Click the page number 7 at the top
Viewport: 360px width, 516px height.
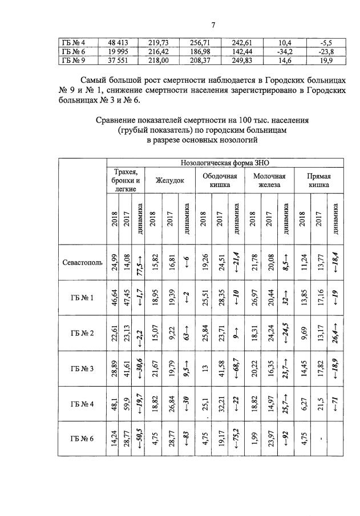click(x=213, y=25)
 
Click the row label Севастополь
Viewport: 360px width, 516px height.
click(x=82, y=263)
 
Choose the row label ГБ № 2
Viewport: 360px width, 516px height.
click(x=82, y=333)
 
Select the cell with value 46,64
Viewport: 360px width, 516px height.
click(x=114, y=298)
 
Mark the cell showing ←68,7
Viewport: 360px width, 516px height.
click(x=234, y=368)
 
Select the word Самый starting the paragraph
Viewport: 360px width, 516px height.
click(x=96, y=81)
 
